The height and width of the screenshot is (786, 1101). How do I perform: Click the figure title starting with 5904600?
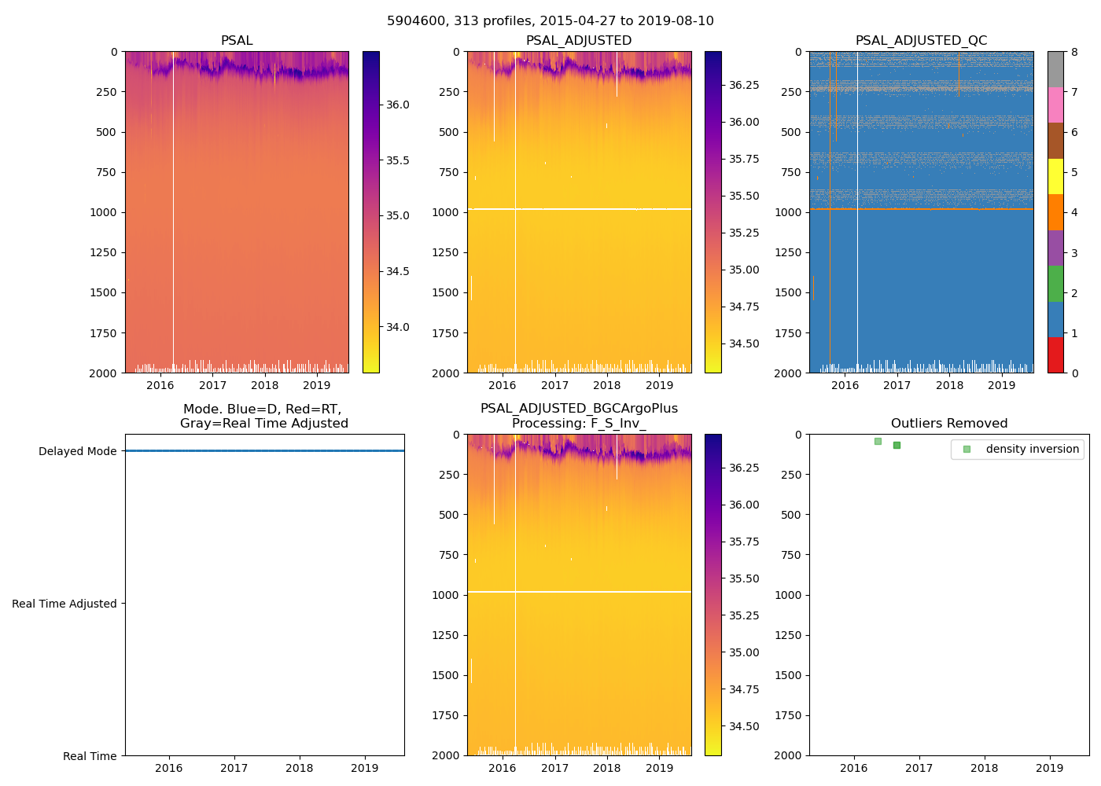pyautogui.click(x=550, y=21)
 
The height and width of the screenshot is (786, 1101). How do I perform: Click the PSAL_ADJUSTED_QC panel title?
pyautogui.click(x=921, y=41)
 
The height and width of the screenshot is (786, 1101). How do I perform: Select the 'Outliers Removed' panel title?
pyautogui.click(x=949, y=424)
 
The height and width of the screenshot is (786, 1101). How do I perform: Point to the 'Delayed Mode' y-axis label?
pyautogui.click(x=77, y=451)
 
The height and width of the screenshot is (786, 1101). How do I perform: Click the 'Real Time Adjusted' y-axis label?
pyautogui.click(x=64, y=604)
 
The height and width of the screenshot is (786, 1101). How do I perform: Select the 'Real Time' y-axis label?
pyautogui.click(x=90, y=756)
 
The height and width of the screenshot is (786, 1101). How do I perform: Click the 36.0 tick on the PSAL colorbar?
pyautogui.click(x=397, y=105)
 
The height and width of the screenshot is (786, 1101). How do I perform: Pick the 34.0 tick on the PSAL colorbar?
pyautogui.click(x=397, y=327)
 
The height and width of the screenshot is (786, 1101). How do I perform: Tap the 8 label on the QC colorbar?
pyautogui.click(x=1074, y=53)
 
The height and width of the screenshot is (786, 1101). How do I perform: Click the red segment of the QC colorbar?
pyautogui.click(x=1055, y=355)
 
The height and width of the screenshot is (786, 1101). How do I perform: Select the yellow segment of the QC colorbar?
pyautogui.click(x=1055, y=177)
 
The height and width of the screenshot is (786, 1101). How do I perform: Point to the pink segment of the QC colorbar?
pyautogui.click(x=1055, y=105)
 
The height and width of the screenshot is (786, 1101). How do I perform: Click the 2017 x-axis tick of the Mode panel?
pyautogui.click(x=234, y=768)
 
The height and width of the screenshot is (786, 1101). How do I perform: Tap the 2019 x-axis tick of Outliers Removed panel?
pyautogui.click(x=1050, y=768)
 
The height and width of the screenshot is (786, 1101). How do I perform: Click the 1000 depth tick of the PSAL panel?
pyautogui.click(x=103, y=212)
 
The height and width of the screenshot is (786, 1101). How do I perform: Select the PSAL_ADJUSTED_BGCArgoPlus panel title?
pyautogui.click(x=579, y=416)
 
